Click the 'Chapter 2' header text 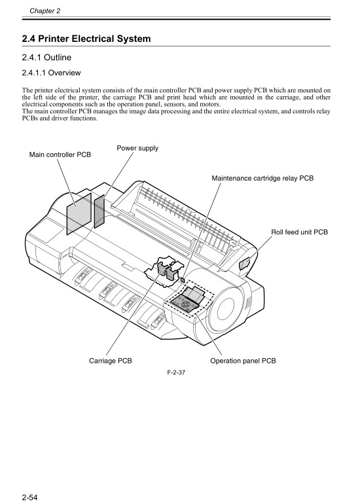coord(45,11)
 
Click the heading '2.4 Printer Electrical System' coord(86,39)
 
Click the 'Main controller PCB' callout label coord(60,154)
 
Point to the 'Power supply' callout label coord(137,148)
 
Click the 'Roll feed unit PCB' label coord(299,232)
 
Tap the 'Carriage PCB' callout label coord(111,360)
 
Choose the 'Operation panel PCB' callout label coord(243,360)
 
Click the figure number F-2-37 coord(177,372)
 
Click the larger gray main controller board coord(79,212)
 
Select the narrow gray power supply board coord(99,210)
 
